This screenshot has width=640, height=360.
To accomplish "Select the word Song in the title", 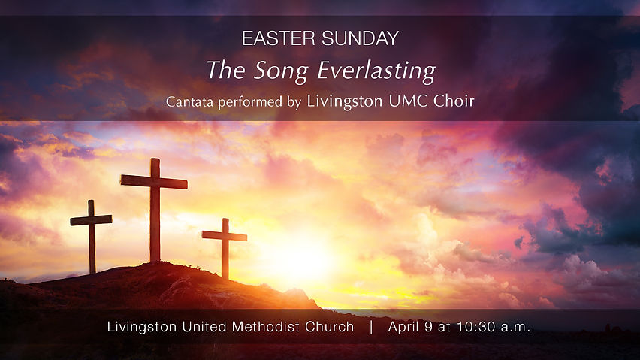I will tap(276, 71).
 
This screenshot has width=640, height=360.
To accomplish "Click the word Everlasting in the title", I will tap(376, 71).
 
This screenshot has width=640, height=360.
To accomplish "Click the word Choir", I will tap(454, 101).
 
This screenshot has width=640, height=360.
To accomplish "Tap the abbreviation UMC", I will tap(409, 101).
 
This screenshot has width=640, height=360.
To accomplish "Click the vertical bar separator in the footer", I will tap(370, 327).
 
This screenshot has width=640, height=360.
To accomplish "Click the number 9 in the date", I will tap(430, 327).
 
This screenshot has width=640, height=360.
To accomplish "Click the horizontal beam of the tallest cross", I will tap(154, 181).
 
